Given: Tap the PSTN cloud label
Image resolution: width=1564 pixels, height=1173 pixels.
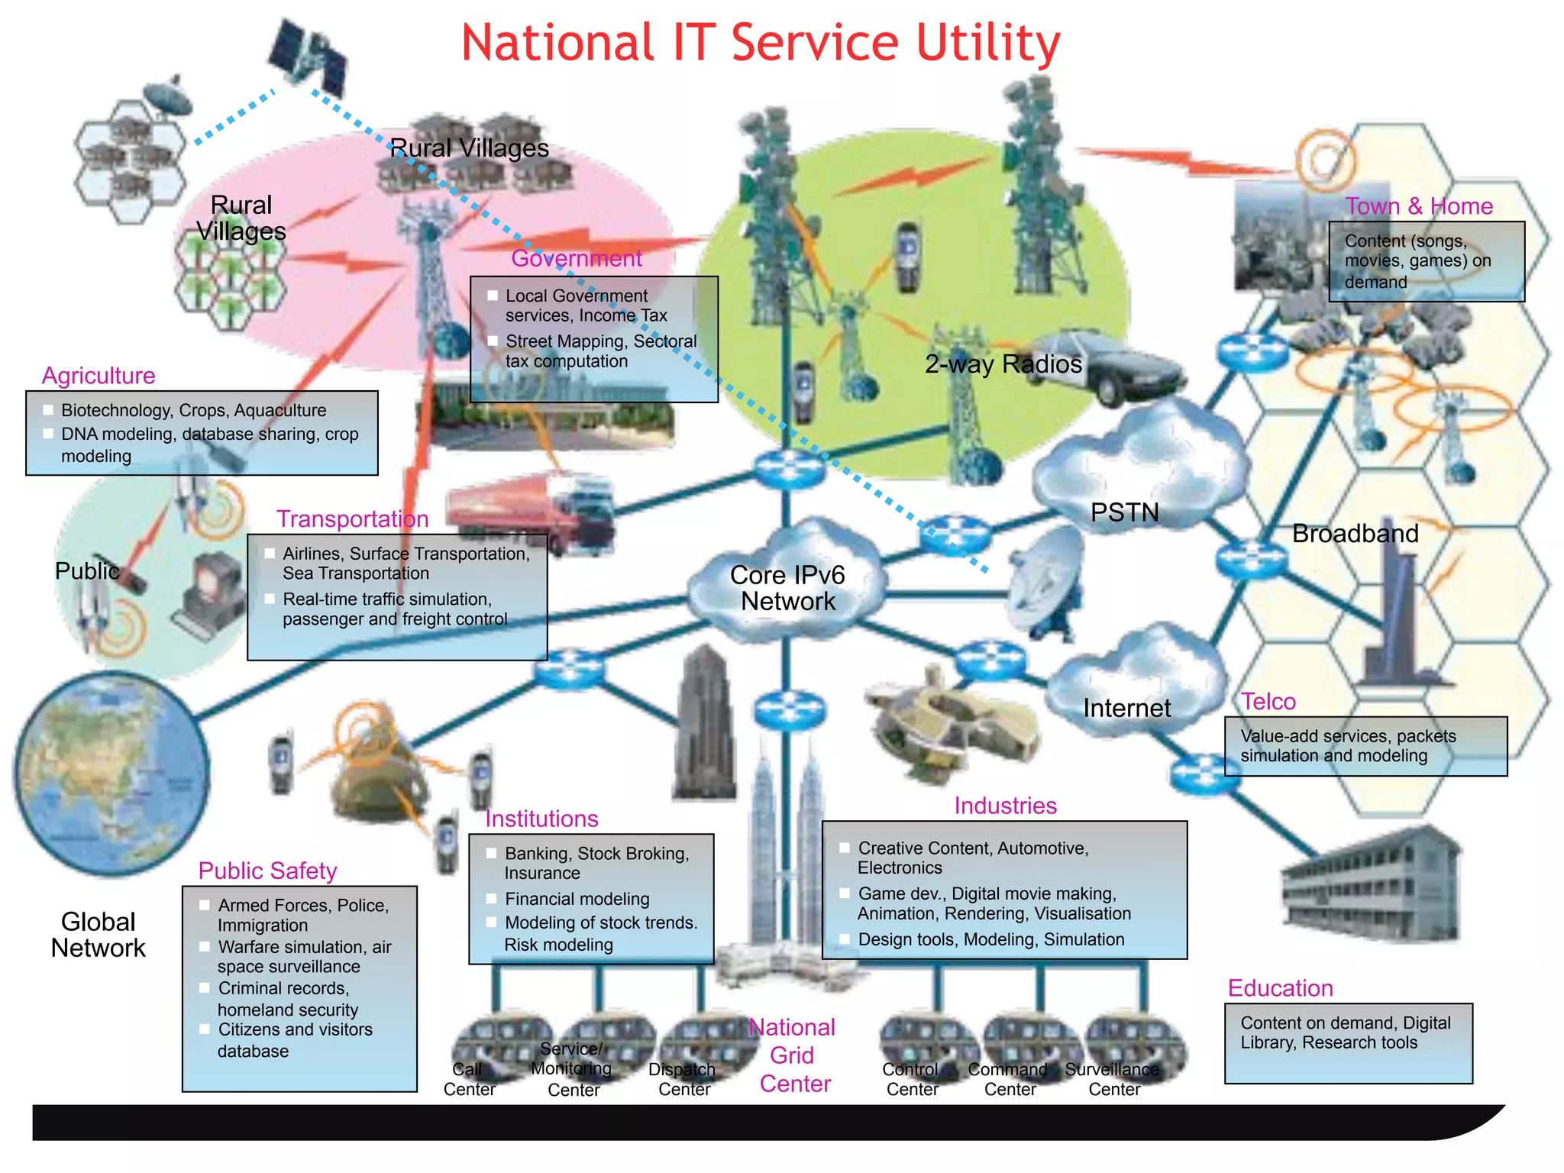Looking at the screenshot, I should [1124, 512].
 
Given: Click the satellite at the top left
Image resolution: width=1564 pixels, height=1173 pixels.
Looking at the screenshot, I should [307, 53].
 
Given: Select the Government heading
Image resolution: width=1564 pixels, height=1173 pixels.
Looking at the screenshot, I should [576, 258].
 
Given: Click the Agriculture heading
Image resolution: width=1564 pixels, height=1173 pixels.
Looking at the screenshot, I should [99, 376].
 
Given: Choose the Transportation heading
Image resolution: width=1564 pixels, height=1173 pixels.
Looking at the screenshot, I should [352, 519].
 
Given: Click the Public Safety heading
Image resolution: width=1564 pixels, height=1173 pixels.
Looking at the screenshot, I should [267, 871].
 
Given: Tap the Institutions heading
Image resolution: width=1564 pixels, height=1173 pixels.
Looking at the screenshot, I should [541, 819].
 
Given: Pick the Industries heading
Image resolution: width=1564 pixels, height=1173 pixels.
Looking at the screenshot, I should [1005, 806].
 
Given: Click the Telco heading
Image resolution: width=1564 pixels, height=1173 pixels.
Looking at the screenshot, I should [1268, 701].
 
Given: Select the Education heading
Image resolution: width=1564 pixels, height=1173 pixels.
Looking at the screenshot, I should [1280, 988].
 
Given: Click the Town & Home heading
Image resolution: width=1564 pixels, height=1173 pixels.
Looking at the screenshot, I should [1418, 206].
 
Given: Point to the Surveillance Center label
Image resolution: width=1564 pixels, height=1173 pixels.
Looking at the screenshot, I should [1113, 1079].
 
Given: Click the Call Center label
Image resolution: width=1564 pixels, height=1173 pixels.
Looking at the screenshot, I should [468, 1079].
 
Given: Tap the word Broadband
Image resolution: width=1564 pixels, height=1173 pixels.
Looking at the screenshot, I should [1355, 533].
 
